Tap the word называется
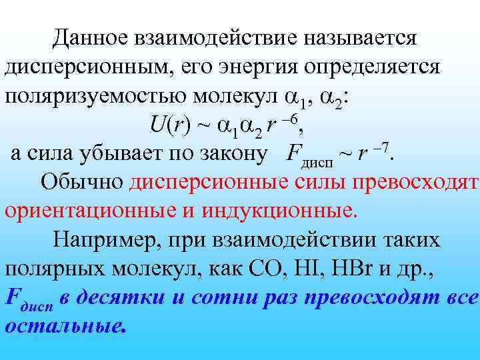tap(361, 37)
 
